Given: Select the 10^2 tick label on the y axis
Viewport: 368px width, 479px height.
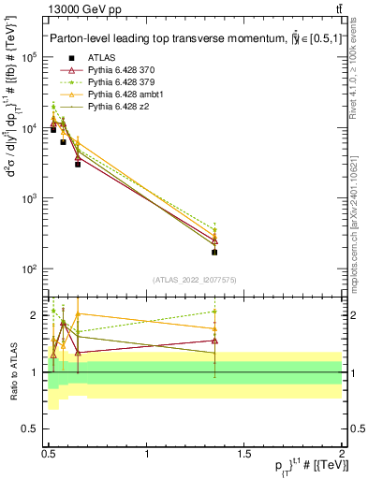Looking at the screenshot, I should coord(28,269).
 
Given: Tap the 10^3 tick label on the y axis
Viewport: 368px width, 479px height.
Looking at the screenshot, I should coord(28,198).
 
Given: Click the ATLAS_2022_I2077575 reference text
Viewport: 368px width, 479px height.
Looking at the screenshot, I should coord(194,279).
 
